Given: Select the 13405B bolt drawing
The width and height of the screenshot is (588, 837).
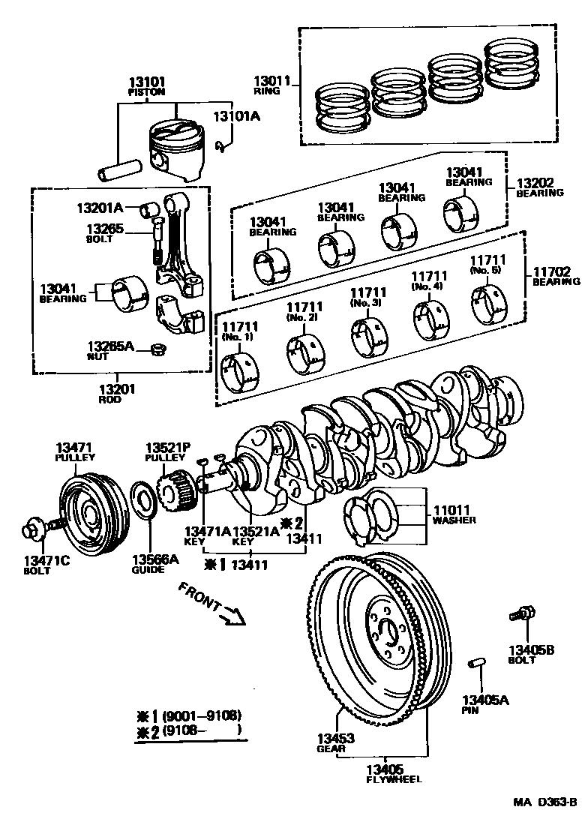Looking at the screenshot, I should point(521,613).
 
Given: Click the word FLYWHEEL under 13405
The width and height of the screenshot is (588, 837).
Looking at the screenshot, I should point(384,779).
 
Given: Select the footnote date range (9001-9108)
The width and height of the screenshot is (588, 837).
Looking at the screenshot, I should point(202,715).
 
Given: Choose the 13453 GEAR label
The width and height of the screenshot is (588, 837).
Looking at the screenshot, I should point(335,742).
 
